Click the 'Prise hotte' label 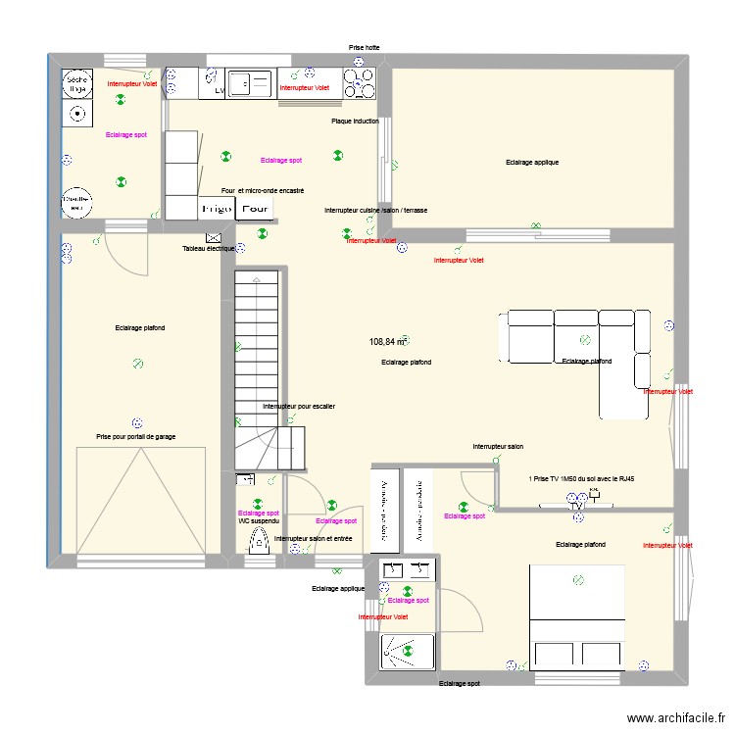tap(365, 47)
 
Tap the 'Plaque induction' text tap(355, 122)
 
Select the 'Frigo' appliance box tap(217, 209)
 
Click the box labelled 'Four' tap(256, 209)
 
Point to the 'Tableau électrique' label tap(209, 249)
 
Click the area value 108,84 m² tap(387, 342)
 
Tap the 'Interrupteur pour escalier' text tap(299, 406)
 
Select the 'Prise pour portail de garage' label tap(136, 437)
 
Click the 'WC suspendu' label tap(259, 521)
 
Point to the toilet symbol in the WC tap(260, 541)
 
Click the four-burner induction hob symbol tap(359, 83)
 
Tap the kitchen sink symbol tap(250, 83)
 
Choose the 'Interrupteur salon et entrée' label tap(314, 539)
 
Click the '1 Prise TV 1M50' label tap(582, 479)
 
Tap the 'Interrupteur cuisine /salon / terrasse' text tap(375, 211)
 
